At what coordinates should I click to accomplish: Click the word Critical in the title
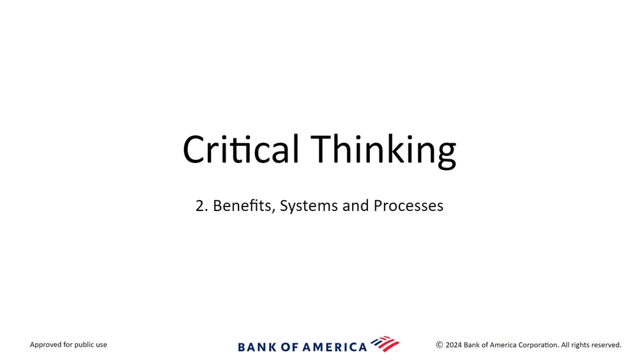[241, 149]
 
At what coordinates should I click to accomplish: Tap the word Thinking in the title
[383, 151]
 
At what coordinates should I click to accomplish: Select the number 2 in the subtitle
[199, 206]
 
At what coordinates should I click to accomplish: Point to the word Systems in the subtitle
[309, 207]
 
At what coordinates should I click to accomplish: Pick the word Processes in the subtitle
[408, 205]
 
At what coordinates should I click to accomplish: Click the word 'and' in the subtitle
[356, 205]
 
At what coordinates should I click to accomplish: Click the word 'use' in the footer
[102, 345]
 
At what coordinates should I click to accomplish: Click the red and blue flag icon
[385, 343]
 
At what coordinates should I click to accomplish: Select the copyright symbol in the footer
[440, 345]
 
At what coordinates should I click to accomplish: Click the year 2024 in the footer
[454, 345]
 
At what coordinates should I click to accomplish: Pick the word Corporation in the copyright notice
[539, 345]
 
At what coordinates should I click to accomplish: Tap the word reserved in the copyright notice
[606, 345]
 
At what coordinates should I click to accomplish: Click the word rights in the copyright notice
[580, 345]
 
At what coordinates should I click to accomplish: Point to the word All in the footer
[565, 345]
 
